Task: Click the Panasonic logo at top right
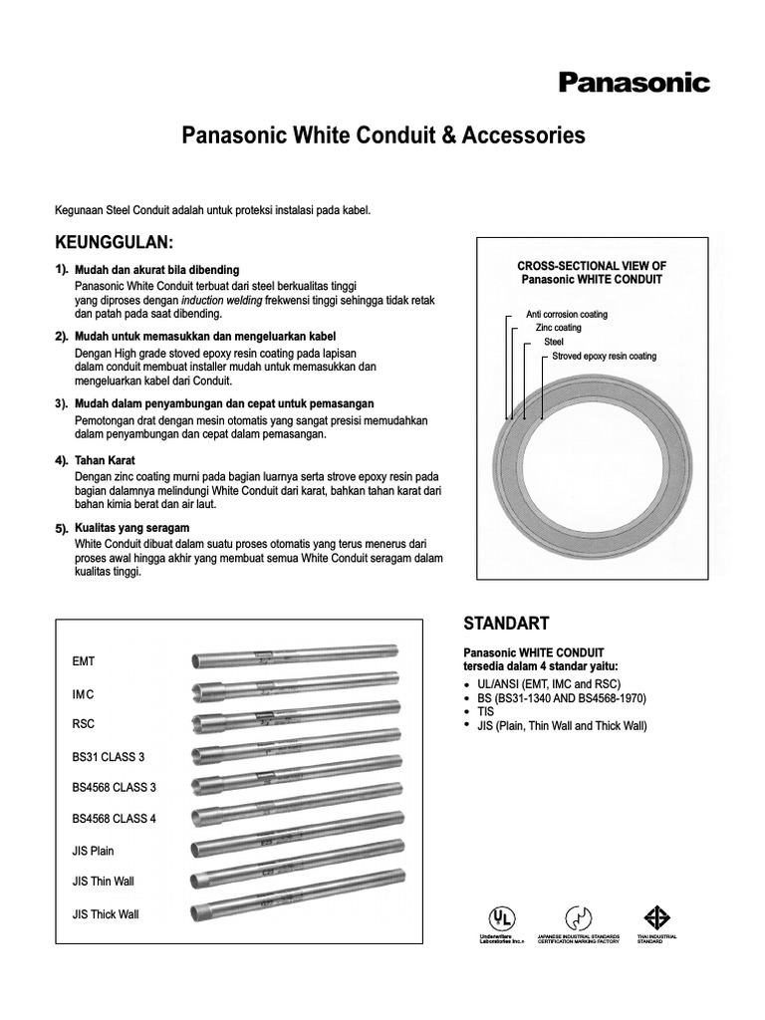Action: [634, 83]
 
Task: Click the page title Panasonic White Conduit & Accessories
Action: [382, 135]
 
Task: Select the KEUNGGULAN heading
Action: [115, 244]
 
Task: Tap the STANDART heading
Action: [506, 624]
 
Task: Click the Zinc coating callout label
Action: [558, 329]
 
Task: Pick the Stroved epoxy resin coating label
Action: [604, 357]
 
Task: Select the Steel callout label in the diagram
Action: [554, 343]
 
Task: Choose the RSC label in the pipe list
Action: [84, 724]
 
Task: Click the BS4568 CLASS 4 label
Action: [114, 819]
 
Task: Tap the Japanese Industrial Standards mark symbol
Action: [577, 917]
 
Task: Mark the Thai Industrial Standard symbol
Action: [652, 917]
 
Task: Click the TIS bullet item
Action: [486, 713]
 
